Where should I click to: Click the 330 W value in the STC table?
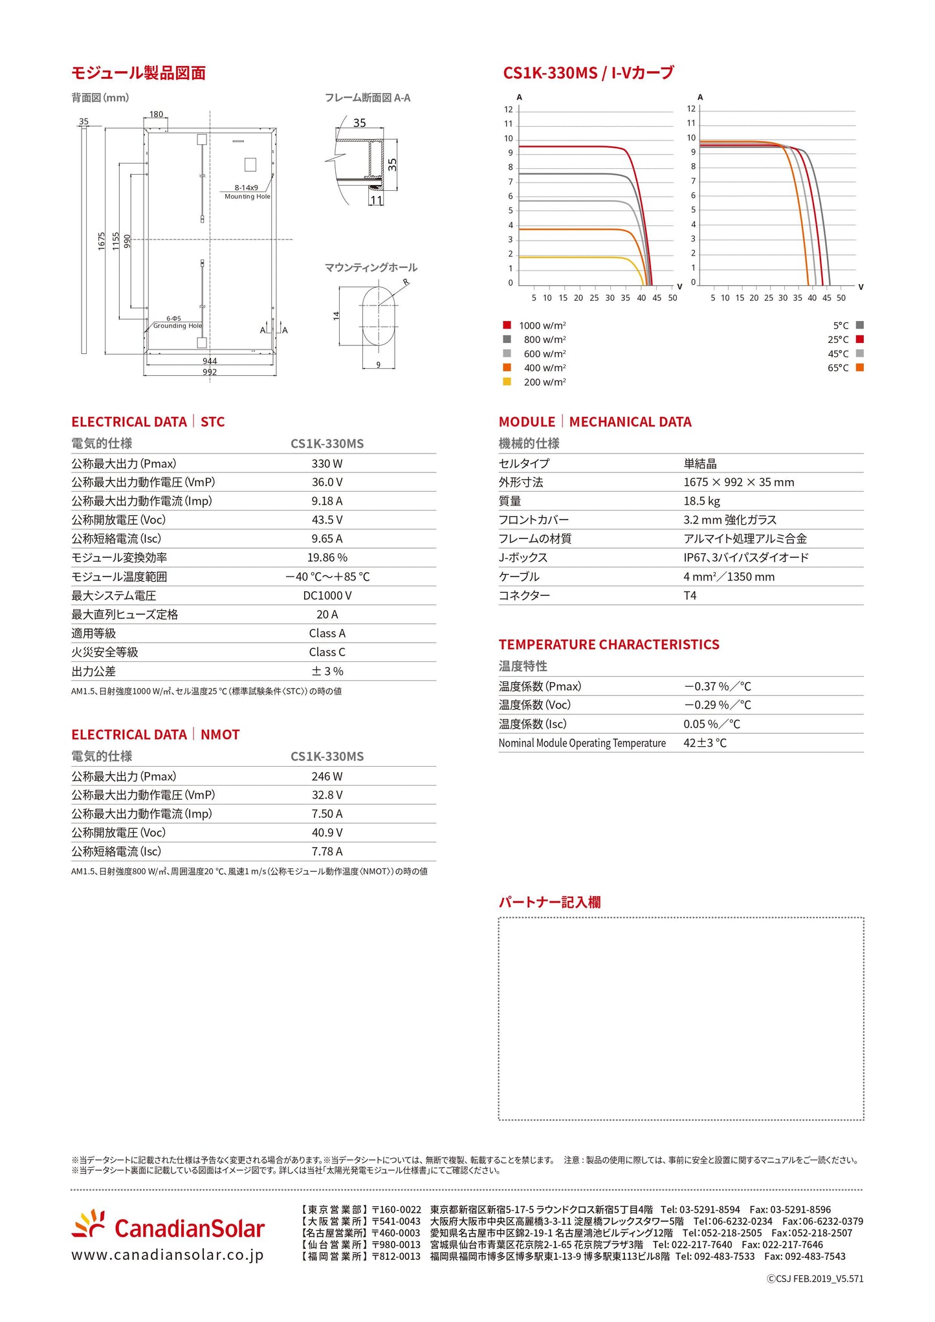coord(327,464)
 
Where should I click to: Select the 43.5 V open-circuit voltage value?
coord(327,520)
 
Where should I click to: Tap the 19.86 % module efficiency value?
coord(327,558)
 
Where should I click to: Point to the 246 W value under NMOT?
coord(327,777)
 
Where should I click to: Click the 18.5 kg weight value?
coord(701,501)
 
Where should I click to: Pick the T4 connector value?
coord(690,596)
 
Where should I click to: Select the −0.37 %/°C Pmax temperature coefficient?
coord(717,687)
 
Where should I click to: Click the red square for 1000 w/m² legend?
coord(507,325)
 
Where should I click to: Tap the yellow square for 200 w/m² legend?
coord(507,382)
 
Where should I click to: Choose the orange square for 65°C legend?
coord(859,368)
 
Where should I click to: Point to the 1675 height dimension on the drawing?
coord(102,241)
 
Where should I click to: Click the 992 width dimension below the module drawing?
coord(210,372)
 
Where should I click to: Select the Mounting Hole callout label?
coord(247,197)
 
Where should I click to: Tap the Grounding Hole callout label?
coord(177,326)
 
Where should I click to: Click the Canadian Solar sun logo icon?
coord(89,1225)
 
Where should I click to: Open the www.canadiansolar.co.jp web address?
coord(168,1255)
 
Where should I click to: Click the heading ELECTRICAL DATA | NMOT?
coord(155,735)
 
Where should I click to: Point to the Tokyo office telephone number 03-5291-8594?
coord(709,1209)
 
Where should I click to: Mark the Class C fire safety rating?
coord(327,652)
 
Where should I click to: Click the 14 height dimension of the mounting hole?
coord(336,315)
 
